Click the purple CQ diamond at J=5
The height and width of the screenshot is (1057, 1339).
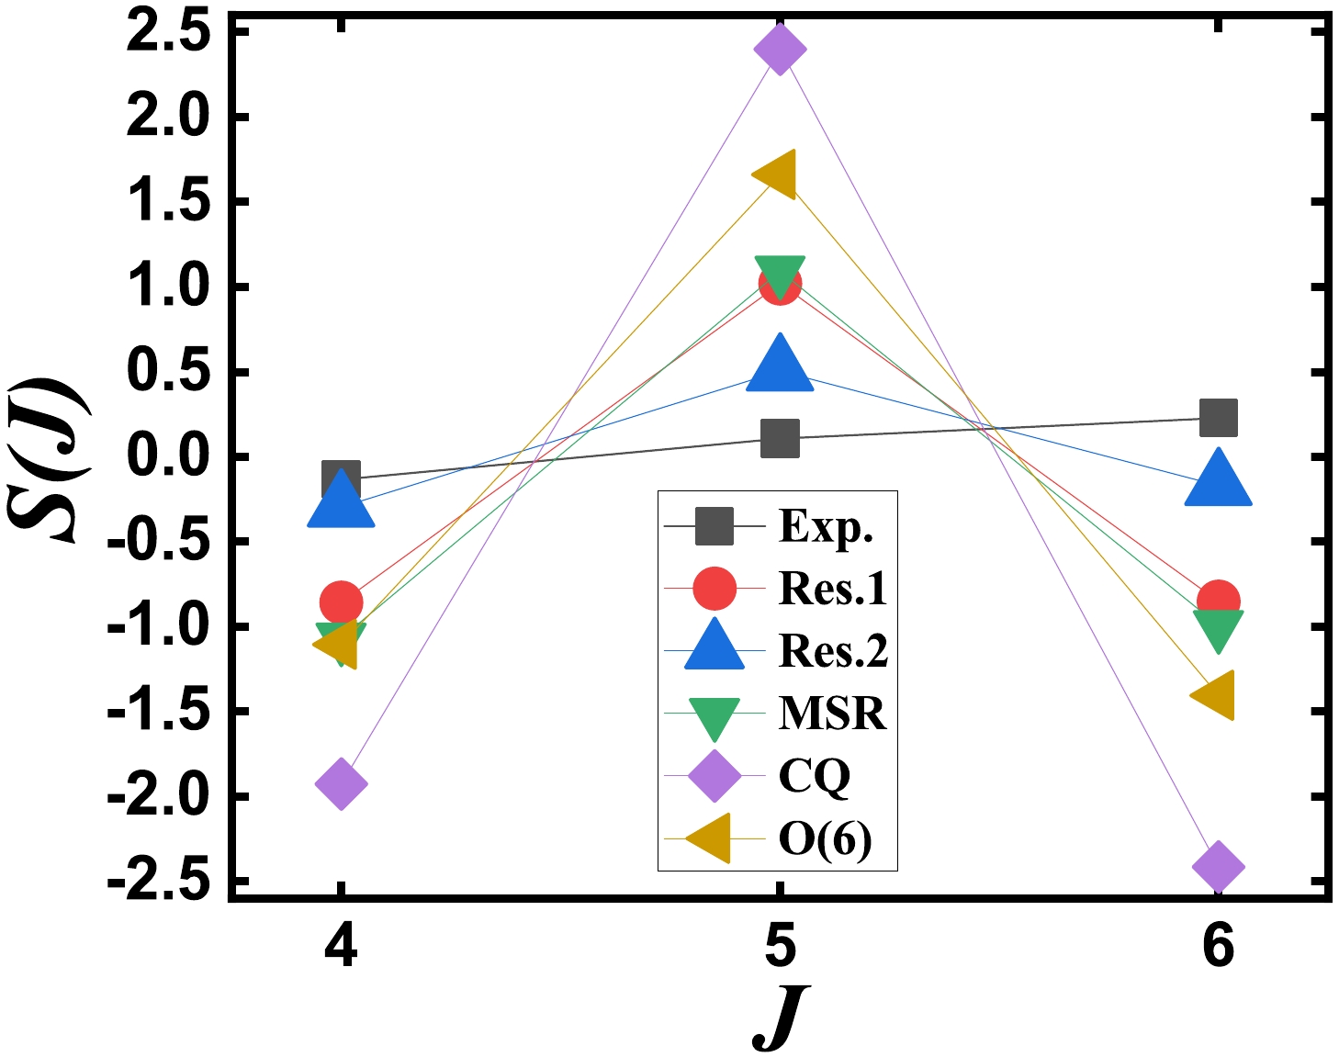tap(779, 49)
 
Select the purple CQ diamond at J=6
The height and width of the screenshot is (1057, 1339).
tap(1218, 866)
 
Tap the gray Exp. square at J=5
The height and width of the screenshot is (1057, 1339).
tap(779, 438)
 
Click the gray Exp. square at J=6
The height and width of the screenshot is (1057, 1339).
tap(1218, 418)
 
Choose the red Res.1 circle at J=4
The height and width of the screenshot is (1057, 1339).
tap(341, 602)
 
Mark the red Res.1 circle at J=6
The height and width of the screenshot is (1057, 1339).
tap(1218, 601)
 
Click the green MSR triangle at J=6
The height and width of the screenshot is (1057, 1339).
tap(1218, 628)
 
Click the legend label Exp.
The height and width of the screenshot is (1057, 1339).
tap(826, 527)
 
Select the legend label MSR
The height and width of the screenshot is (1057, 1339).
tap(832, 714)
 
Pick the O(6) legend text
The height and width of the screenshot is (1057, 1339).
tap(825, 838)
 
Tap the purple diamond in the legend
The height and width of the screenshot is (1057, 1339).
tap(714, 776)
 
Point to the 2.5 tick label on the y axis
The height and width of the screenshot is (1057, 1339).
tap(167, 33)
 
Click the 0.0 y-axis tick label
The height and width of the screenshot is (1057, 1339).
tap(167, 456)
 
